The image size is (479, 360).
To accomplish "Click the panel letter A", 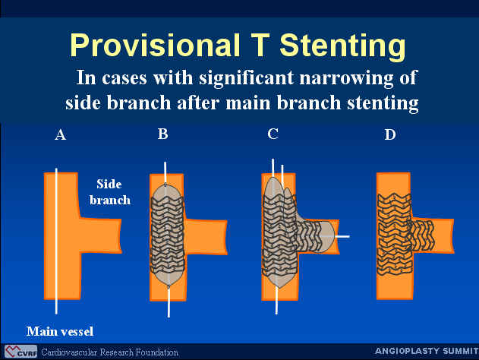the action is tap(61, 134).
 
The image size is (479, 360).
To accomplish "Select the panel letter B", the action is tap(162, 134).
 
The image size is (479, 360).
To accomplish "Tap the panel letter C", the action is tap(273, 134).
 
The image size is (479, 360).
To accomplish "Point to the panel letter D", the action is tap(390, 134).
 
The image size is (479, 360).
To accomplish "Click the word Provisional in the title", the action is tap(155, 45).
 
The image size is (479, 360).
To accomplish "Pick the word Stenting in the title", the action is tap(343, 46).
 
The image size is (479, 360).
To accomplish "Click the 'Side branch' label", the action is tap(110, 192).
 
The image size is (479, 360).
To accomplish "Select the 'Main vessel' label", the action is tap(60, 332).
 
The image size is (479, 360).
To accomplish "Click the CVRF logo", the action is tap(20, 352).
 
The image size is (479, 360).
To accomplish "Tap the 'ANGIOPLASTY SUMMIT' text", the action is tap(427, 351).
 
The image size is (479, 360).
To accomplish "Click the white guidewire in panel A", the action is tap(56, 241).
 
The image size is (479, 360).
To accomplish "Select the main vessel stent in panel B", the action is tap(168, 235).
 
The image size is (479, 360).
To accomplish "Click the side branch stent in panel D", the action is tap(421, 235).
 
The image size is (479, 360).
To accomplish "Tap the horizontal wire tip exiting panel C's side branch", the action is tap(342, 236).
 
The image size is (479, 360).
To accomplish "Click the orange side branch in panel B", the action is tap(206, 236).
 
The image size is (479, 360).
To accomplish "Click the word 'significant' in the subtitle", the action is tap(247, 79).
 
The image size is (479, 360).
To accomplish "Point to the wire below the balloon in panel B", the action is tap(169, 302).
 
